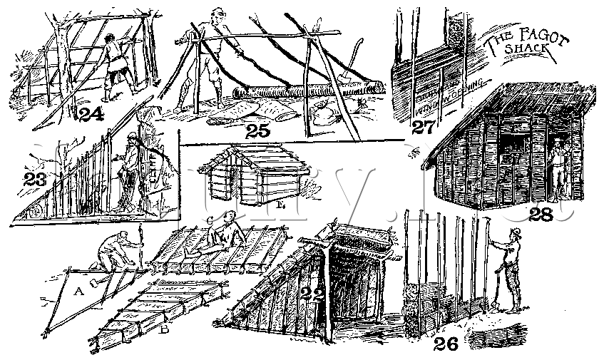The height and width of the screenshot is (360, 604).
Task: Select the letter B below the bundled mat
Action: [165, 330]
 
